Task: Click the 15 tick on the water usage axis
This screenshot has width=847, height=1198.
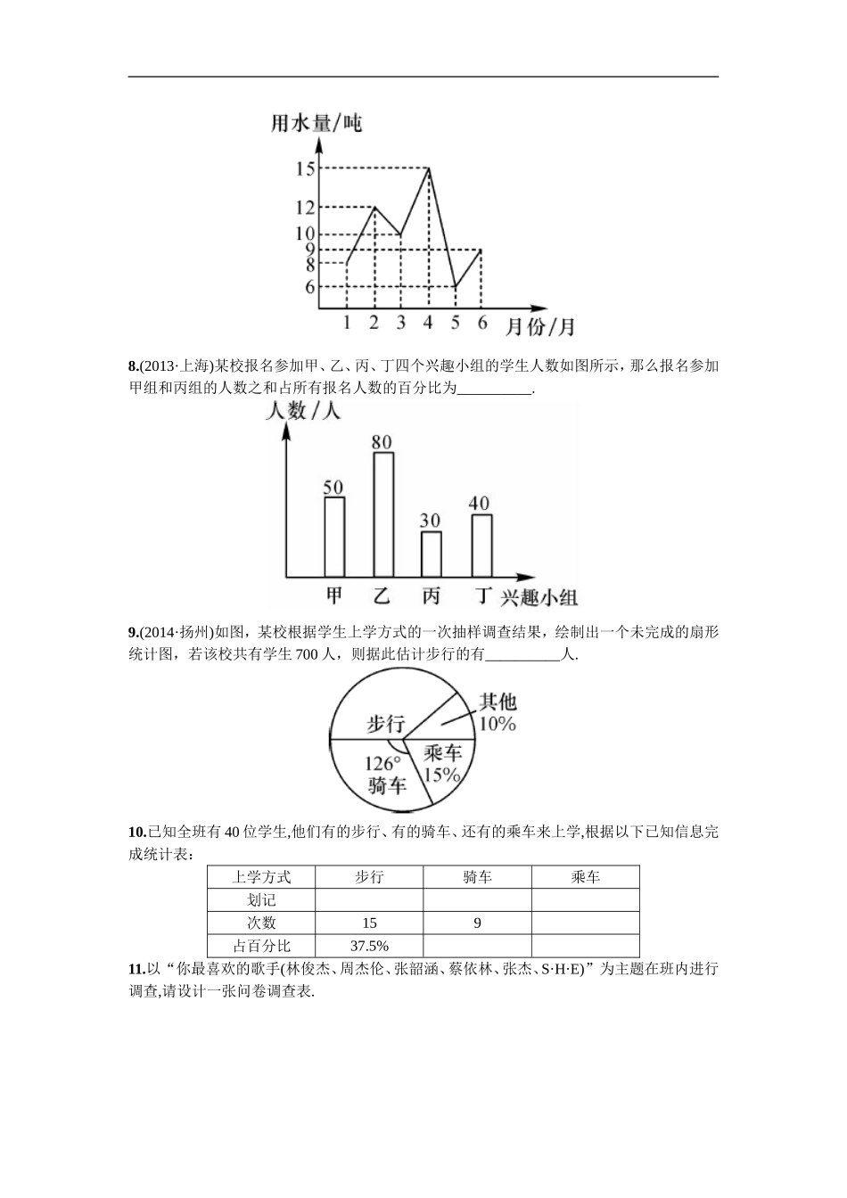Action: (305, 168)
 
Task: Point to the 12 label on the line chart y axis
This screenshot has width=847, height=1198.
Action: (305, 207)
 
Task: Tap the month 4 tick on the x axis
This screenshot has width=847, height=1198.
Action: (428, 323)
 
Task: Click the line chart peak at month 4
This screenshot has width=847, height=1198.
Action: (430, 168)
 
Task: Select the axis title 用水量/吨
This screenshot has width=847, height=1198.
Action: (317, 122)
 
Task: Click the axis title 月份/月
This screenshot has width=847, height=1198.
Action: (540, 327)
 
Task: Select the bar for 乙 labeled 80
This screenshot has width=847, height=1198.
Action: (383, 514)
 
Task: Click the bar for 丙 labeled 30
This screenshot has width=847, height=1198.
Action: (431, 554)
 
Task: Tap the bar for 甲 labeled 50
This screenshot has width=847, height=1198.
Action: (334, 537)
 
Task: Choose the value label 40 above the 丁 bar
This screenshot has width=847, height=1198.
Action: (480, 503)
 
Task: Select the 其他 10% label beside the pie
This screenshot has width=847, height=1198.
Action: (498, 712)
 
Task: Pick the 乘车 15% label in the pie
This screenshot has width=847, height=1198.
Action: (442, 765)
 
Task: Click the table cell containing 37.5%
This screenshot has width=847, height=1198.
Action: (369, 946)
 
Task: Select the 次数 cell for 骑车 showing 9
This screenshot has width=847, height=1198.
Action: (478, 923)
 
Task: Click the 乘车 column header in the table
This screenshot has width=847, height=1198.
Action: (585, 877)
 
